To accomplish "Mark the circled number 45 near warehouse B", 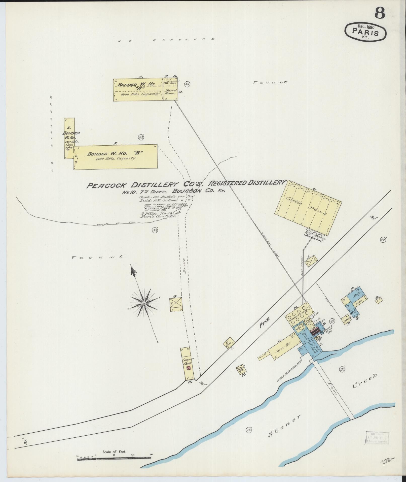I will tap(141, 137).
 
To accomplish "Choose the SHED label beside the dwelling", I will tap(358, 302).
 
